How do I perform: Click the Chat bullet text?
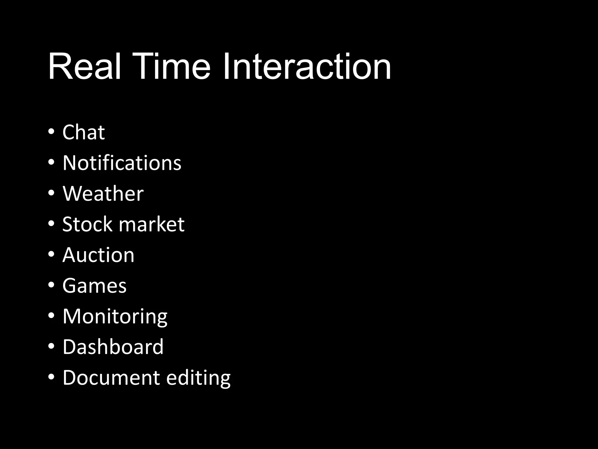(84, 132)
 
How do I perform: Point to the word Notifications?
(122, 163)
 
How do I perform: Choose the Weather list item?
(103, 194)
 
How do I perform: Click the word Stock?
(87, 224)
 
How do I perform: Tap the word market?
(152, 224)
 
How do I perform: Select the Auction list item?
(98, 255)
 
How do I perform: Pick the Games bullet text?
(94, 286)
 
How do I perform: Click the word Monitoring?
(115, 317)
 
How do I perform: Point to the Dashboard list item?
(113, 347)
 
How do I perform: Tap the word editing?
(198, 378)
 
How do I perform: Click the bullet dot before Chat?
(51, 132)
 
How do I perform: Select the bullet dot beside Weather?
(51, 193)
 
